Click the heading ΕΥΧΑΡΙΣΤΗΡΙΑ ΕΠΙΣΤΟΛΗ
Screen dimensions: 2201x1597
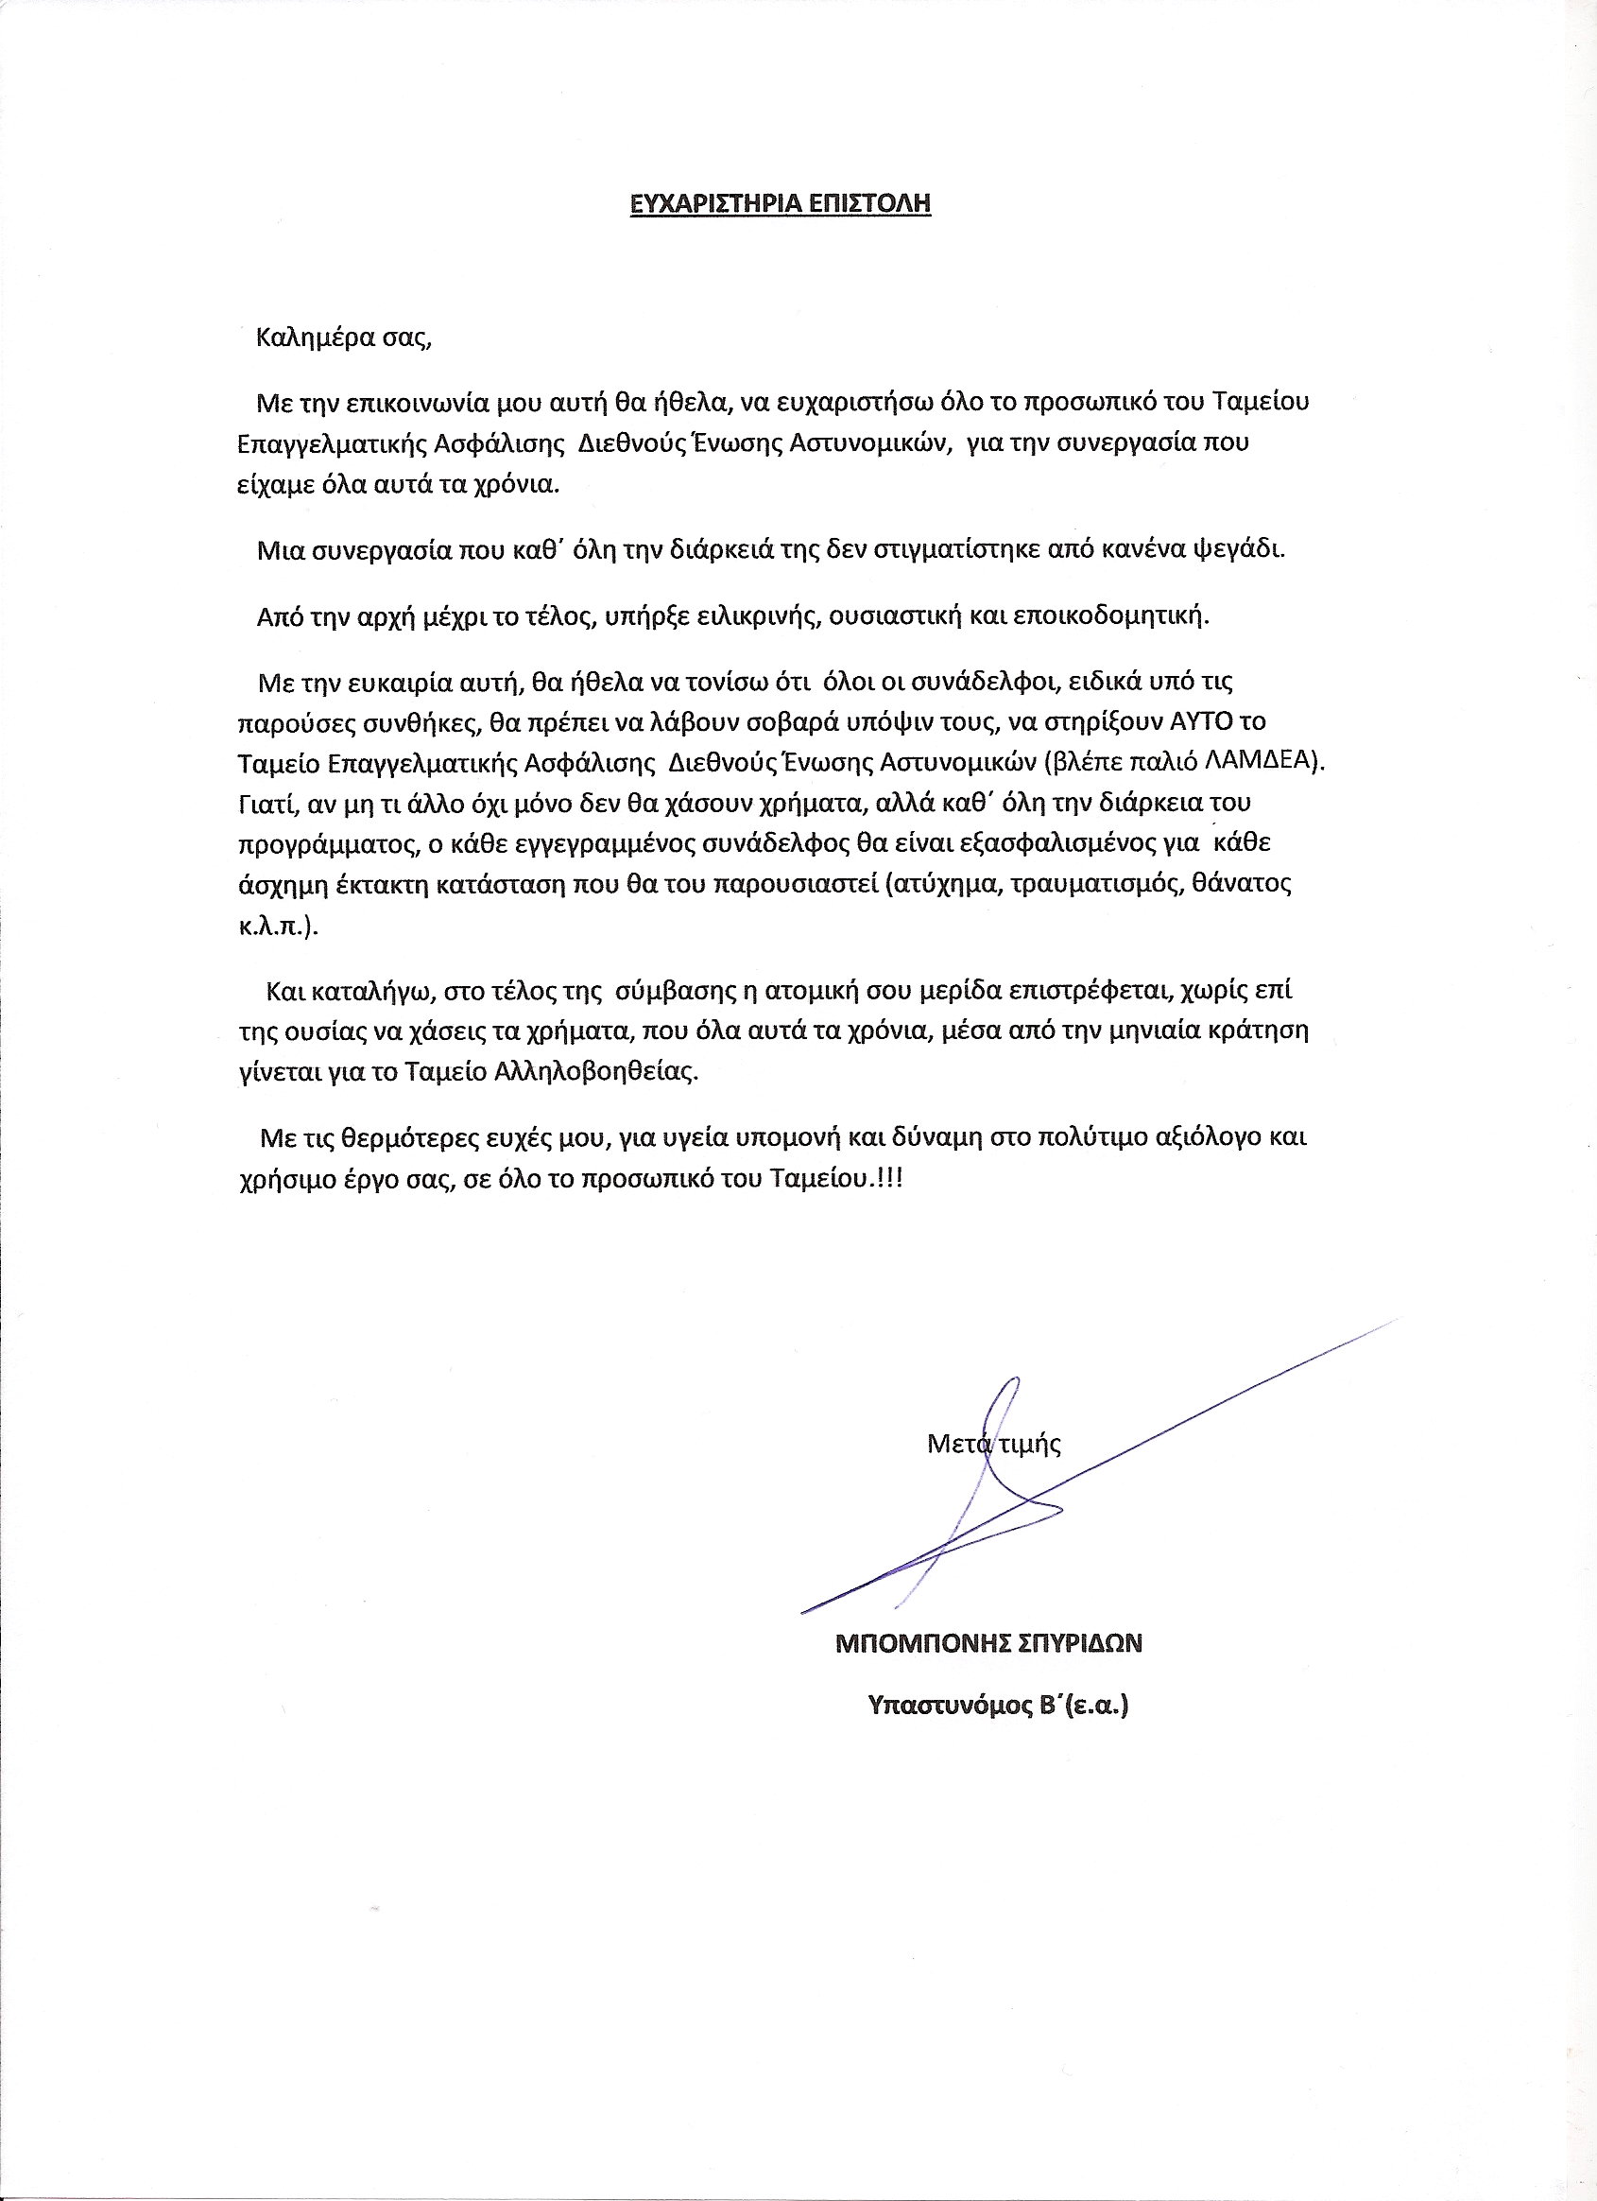780,204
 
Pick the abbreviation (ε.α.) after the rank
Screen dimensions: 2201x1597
1096,1707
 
